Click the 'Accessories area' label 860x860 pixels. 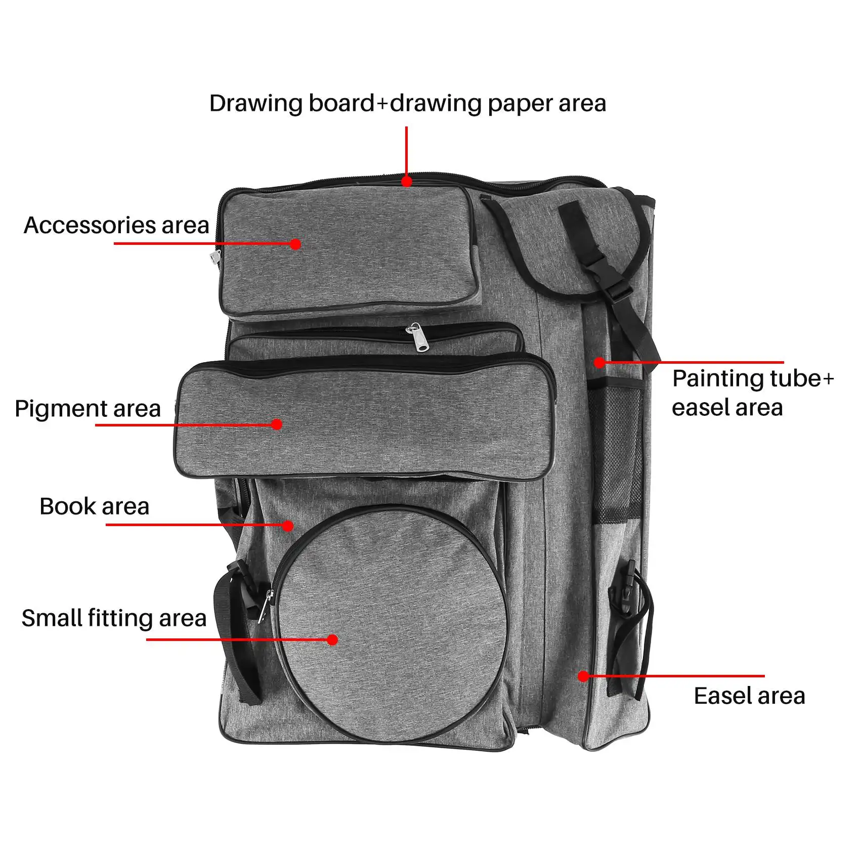(x=116, y=226)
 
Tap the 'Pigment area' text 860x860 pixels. (x=88, y=409)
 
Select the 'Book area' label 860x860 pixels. (x=95, y=506)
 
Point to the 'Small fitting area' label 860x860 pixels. (x=114, y=618)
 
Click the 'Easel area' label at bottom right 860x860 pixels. (x=749, y=696)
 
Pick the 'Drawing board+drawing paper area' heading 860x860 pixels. (x=408, y=104)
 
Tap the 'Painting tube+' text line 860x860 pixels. (x=753, y=378)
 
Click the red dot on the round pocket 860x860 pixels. (x=332, y=640)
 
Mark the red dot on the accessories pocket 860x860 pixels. (x=296, y=244)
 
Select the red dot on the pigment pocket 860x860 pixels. (x=277, y=424)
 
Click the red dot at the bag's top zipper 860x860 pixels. (x=407, y=181)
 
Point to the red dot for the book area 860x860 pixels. (x=288, y=526)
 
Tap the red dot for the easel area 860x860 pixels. (x=583, y=676)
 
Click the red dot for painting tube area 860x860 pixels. (x=599, y=362)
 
